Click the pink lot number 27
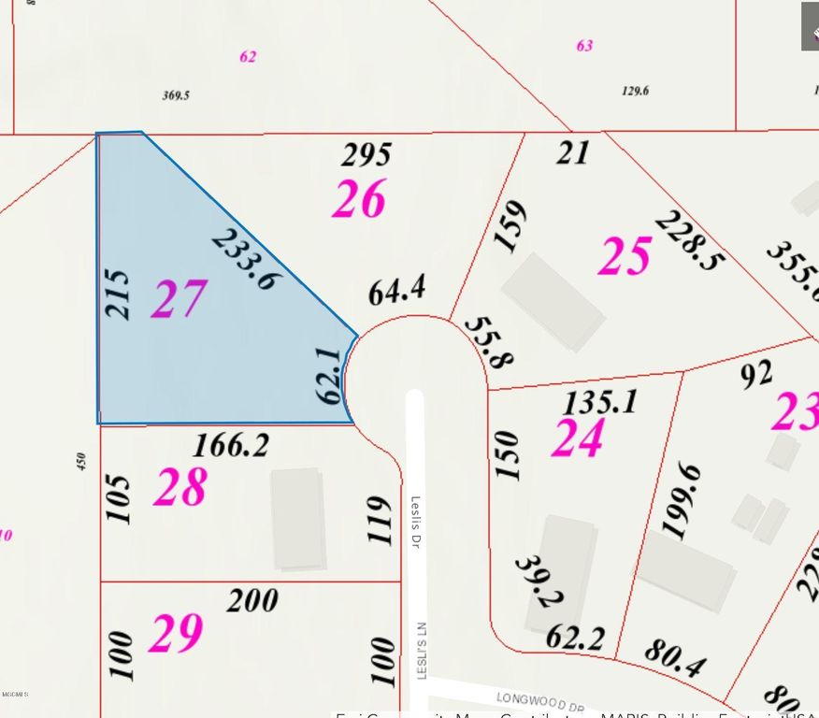click(179, 299)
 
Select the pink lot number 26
click(359, 199)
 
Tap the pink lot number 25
click(625, 255)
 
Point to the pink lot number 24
click(577, 438)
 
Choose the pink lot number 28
click(180, 487)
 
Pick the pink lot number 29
click(176, 633)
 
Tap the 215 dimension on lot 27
click(119, 294)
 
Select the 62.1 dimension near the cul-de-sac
click(328, 376)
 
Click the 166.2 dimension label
click(230, 445)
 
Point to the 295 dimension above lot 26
click(366, 154)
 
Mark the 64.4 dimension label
click(397, 291)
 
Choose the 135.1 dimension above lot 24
click(600, 403)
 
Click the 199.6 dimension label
click(681, 500)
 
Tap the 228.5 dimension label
click(689, 239)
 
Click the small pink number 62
click(248, 56)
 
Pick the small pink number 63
click(584, 45)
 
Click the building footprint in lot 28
click(298, 519)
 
